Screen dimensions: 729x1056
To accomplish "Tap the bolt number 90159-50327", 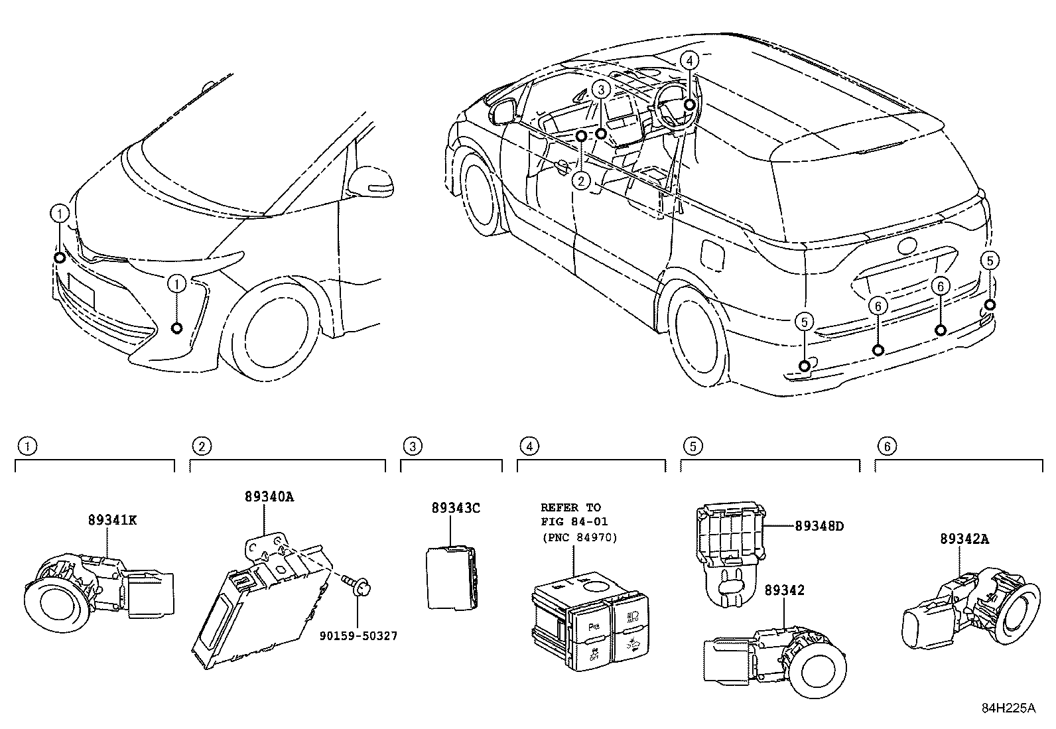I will click(x=358, y=635).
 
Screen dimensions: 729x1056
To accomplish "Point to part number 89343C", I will click(x=455, y=508).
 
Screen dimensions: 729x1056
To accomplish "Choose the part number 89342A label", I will click(x=964, y=539).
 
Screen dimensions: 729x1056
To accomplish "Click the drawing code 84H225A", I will click(x=1008, y=708).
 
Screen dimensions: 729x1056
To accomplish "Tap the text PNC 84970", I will click(x=578, y=537).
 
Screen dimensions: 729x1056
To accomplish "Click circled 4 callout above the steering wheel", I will click(x=689, y=60).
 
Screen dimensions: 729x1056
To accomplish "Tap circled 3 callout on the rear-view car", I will click(x=600, y=89).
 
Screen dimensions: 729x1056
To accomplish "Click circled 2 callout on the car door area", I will click(x=581, y=180).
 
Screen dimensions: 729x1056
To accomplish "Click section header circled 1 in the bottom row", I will click(x=27, y=446).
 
